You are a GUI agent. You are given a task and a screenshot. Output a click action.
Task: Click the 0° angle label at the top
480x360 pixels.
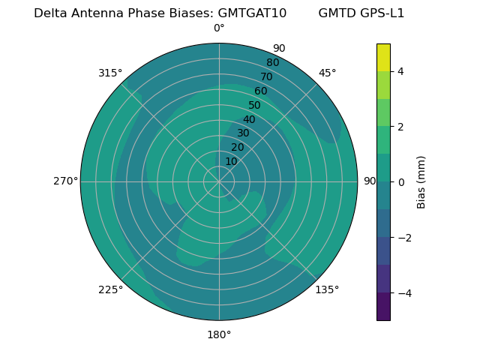pos(219,28)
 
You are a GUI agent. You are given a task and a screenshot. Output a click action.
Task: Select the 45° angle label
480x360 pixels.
pos(327,73)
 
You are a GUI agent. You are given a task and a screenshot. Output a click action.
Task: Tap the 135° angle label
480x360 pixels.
pos(327,289)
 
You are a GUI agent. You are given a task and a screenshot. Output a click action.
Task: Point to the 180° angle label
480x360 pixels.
pos(219,334)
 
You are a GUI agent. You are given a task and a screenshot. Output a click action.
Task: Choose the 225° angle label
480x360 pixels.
pos(110,289)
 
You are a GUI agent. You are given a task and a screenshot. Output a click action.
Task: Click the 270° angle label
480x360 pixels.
pos(65,181)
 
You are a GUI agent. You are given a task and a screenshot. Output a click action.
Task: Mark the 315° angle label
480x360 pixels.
pos(110,73)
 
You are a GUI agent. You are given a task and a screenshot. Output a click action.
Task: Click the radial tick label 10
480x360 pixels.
pos(231,161)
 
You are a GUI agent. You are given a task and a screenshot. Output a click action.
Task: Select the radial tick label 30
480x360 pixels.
pos(243,133)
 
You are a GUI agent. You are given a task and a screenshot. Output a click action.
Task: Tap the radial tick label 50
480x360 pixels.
pos(255,105)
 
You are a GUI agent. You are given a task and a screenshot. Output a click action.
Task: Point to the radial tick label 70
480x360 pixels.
pos(266,76)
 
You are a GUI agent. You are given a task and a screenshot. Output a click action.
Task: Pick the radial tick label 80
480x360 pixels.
pos(272,63)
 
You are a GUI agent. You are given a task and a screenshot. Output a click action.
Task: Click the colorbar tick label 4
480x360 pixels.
pos(400,71)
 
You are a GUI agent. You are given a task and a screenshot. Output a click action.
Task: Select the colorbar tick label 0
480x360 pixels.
pos(400,181)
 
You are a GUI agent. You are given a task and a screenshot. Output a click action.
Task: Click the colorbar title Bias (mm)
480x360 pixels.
pos(421,181)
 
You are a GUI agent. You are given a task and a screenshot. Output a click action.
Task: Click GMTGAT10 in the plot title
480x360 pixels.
pos(252,13)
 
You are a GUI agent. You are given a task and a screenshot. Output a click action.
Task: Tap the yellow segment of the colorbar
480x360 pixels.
pos(383,57)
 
